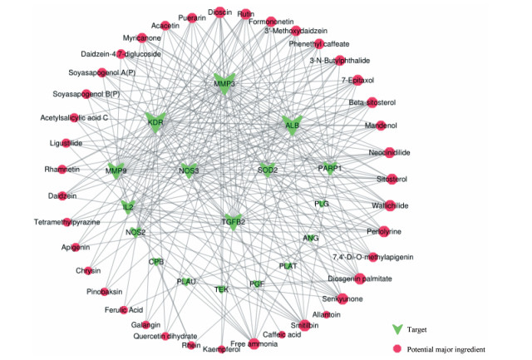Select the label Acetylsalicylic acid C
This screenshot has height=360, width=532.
(74, 117)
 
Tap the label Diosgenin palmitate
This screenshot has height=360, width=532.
(359, 279)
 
